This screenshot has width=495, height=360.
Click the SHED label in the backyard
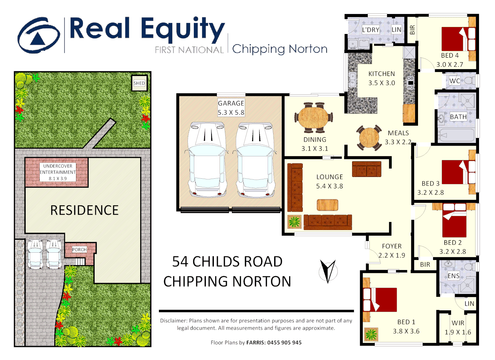coord(139,83)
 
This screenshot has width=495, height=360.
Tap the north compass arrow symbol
coord(328,271)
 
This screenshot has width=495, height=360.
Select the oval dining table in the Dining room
coord(313,117)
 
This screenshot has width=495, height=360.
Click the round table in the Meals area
coord(369,138)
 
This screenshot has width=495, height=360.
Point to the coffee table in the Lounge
coord(327,205)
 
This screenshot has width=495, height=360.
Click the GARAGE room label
coord(231,103)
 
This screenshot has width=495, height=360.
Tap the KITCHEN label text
coord(381,74)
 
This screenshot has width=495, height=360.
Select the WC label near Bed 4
coord(454,81)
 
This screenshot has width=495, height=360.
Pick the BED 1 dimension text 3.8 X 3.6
coord(406,331)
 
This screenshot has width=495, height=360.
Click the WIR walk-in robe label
coord(458,323)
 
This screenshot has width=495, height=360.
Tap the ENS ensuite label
coord(453,276)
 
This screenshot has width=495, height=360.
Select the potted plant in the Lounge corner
coord(294,222)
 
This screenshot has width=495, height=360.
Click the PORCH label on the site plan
coord(79,250)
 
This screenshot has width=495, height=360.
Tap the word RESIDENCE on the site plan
coord(84,210)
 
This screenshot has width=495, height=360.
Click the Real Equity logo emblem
coord(39,35)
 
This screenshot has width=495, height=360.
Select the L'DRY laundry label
coord(371,30)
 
